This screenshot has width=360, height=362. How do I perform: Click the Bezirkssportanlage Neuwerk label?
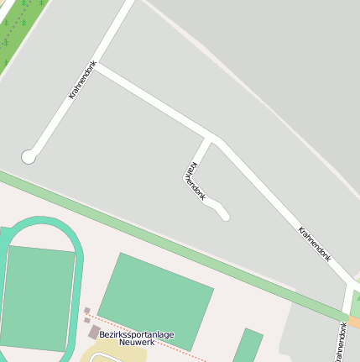point(136,338)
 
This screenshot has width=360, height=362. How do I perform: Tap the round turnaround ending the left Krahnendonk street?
point(28,156)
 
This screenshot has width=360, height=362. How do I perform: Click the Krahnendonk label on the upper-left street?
point(82,81)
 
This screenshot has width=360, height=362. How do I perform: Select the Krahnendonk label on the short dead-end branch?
point(193,181)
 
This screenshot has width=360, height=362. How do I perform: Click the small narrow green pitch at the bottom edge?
point(248,346)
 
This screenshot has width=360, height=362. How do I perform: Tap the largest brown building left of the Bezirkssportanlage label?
point(93,333)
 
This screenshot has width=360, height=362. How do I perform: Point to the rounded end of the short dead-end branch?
point(224,215)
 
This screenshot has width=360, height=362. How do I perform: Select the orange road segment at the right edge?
point(354,322)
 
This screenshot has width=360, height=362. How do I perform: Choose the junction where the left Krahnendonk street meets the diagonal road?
point(95,67)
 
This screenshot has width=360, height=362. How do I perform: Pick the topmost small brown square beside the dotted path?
point(87,311)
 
